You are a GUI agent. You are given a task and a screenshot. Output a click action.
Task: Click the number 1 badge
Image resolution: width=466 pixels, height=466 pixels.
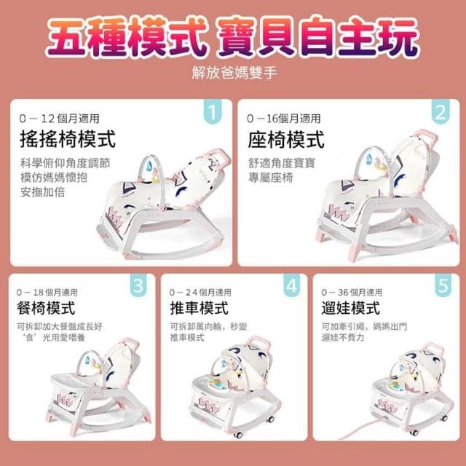point(211,113)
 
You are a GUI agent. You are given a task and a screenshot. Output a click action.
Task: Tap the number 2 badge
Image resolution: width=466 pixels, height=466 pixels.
point(439,113)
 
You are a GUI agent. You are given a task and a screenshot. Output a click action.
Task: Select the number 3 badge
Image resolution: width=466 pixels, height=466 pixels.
point(138,286)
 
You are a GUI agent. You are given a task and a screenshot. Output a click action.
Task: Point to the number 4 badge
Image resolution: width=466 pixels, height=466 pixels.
point(291,286)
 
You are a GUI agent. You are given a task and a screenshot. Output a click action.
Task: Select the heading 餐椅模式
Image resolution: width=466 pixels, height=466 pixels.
point(45,308)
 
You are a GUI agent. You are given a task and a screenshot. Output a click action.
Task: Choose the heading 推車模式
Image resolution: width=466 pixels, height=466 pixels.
point(198,308)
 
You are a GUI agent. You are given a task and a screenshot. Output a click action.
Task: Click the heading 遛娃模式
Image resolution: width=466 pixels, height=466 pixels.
point(350,308)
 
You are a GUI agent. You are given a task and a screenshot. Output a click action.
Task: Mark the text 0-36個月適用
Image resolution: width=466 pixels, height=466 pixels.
point(353,292)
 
